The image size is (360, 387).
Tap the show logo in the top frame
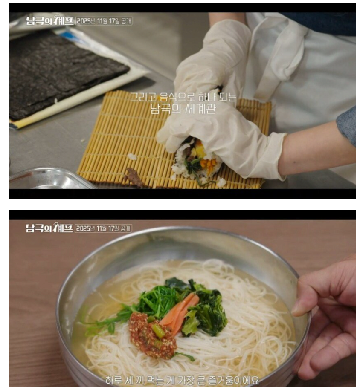49,20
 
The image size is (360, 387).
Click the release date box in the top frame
104,21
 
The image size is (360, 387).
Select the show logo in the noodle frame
49,228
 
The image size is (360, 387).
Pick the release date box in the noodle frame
103,228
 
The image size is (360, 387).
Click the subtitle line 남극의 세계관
183,109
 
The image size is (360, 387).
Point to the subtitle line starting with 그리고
183,97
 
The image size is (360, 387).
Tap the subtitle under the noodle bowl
182,380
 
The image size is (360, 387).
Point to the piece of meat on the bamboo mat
134,177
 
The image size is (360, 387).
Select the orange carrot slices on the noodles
180,309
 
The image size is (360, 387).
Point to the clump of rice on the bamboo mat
132,156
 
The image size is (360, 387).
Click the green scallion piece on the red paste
158,330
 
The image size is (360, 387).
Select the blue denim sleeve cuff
346,126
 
